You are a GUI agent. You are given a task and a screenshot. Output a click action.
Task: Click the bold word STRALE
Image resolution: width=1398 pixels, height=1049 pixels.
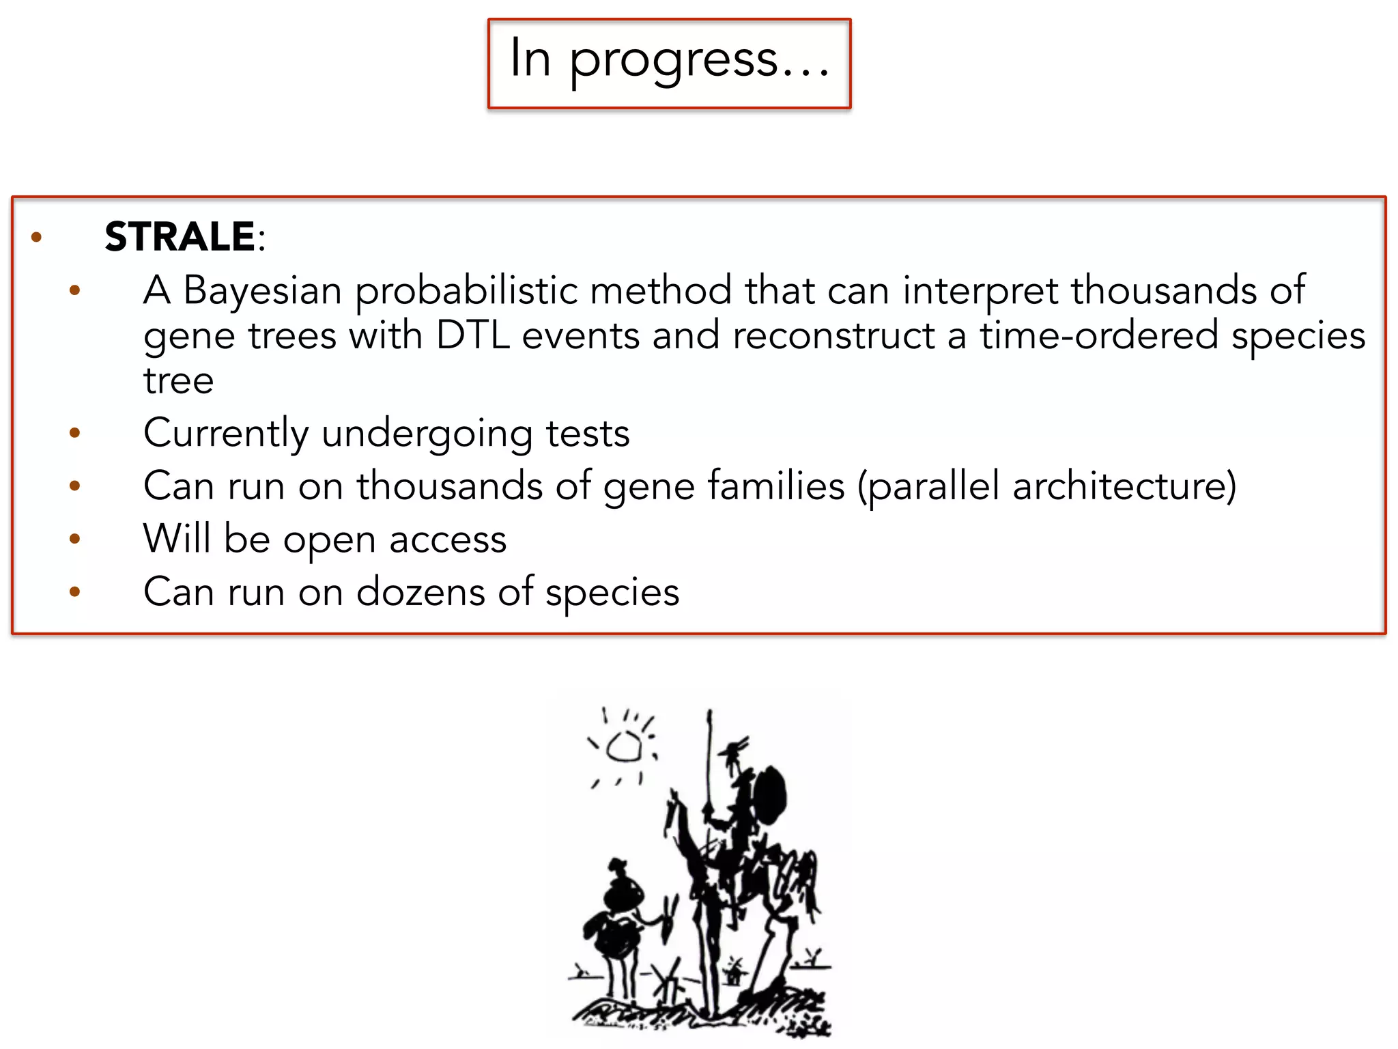180,237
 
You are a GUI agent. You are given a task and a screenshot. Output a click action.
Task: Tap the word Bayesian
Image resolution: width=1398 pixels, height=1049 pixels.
262,290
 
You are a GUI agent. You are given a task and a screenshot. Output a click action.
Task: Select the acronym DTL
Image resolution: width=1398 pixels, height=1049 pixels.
472,335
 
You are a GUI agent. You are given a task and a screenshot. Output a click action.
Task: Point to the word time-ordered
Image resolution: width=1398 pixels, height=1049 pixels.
1099,335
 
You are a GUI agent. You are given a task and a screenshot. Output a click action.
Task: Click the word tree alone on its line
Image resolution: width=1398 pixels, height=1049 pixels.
178,380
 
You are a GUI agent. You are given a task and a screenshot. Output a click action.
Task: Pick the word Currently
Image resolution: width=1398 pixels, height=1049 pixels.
226,434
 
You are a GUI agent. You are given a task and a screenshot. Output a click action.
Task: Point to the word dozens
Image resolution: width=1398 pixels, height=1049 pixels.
420,591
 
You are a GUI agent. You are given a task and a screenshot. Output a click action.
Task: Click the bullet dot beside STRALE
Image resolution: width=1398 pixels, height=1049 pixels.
37,238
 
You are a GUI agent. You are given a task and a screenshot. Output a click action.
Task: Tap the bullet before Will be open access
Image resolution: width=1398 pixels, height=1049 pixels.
75,539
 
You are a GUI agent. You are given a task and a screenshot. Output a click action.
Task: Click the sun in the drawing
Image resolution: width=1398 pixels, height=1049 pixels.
624,747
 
